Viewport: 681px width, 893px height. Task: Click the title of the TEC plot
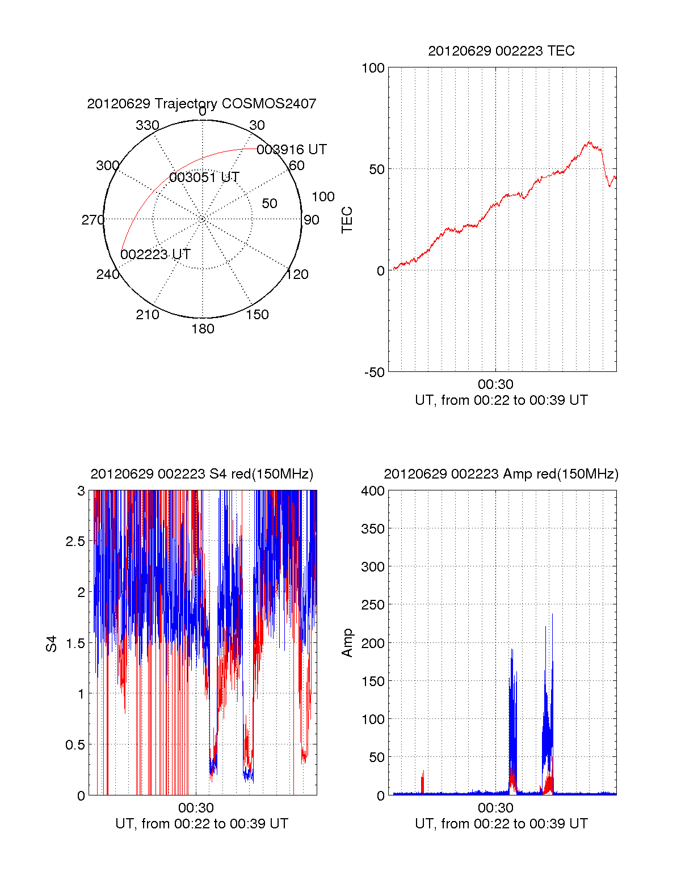pyautogui.click(x=501, y=51)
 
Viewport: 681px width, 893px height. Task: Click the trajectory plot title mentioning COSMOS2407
pyautogui.click(x=201, y=104)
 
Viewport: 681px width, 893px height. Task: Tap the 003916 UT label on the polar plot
pyautogui.click(x=292, y=150)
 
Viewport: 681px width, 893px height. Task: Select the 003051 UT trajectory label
pyautogui.click(x=204, y=177)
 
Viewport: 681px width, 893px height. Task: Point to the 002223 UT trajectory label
pyautogui.click(x=155, y=255)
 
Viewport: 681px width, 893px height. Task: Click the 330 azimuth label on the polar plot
pyautogui.click(x=148, y=125)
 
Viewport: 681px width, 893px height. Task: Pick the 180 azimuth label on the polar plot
pyautogui.click(x=203, y=329)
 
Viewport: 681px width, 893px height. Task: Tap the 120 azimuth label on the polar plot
pyautogui.click(x=297, y=275)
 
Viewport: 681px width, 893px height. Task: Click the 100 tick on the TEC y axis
pyautogui.click(x=373, y=69)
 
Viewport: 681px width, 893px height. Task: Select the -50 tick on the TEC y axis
pyautogui.click(x=375, y=373)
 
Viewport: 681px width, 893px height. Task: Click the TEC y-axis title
pyautogui.click(x=347, y=220)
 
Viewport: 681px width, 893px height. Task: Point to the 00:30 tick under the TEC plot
pyautogui.click(x=495, y=384)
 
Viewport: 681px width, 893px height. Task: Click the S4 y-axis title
pyautogui.click(x=52, y=644)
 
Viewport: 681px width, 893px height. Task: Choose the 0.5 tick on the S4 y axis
pyautogui.click(x=75, y=745)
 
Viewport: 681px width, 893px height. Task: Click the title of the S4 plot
pyautogui.click(x=201, y=474)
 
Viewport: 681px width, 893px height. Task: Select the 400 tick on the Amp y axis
pyautogui.click(x=373, y=491)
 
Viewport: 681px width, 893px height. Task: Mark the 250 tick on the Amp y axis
pyautogui.click(x=373, y=605)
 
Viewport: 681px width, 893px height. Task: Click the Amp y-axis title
pyautogui.click(x=347, y=643)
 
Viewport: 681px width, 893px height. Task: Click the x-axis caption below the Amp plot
pyautogui.click(x=501, y=824)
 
